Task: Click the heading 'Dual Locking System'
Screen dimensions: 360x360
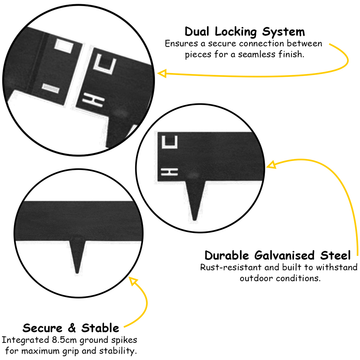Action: point(245,32)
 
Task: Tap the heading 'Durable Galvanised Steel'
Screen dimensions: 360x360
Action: point(278,256)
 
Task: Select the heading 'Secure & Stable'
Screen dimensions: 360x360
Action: point(71,328)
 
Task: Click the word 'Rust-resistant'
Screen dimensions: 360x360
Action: point(231,267)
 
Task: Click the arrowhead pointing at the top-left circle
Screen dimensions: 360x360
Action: point(162,73)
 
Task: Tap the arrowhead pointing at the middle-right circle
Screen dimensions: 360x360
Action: point(271,165)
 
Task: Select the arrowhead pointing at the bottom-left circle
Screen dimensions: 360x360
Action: point(133,281)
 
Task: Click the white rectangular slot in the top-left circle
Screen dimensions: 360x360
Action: point(64,46)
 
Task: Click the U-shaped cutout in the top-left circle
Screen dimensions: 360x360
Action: point(105,64)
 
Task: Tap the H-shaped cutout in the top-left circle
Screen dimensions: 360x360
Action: point(93,100)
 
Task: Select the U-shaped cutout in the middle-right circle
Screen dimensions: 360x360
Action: point(170,142)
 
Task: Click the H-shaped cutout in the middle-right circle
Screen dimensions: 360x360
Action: point(170,172)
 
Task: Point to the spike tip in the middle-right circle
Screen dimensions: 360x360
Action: point(195,220)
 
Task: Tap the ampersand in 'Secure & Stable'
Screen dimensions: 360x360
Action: point(72,328)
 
